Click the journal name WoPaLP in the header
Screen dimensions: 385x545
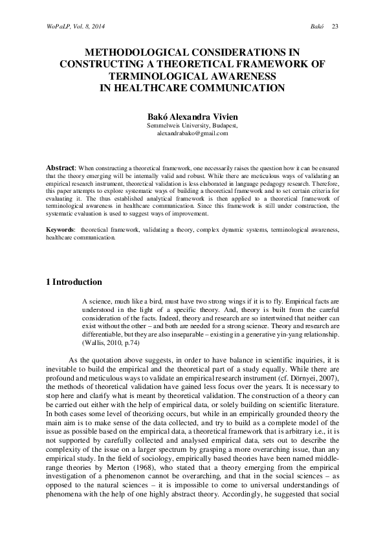(x=42, y=26)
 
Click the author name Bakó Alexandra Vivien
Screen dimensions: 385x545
(x=192, y=115)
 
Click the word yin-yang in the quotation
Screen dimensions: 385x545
(x=291, y=333)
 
